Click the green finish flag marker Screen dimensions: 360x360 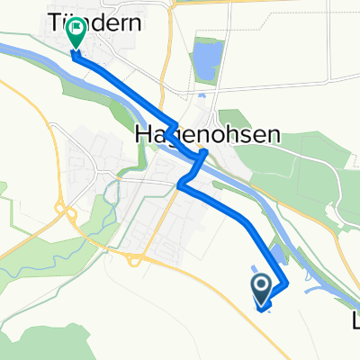(76, 32)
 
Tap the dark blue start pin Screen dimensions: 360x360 (262, 289)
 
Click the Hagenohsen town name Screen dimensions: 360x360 (207, 134)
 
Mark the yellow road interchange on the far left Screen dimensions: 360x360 (65, 212)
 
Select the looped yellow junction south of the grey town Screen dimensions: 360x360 (132, 260)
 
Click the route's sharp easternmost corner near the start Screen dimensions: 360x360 (287, 284)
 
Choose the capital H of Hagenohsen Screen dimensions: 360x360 (142, 134)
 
